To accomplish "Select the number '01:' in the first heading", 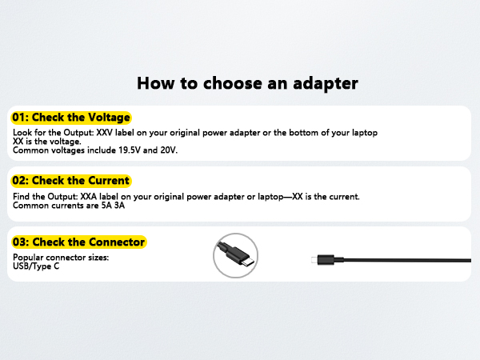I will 20,118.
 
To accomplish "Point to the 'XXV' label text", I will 97,131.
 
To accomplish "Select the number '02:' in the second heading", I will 20,181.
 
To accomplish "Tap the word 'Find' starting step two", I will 22,197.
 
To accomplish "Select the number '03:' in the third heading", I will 20,242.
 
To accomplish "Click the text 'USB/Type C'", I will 36,266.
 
